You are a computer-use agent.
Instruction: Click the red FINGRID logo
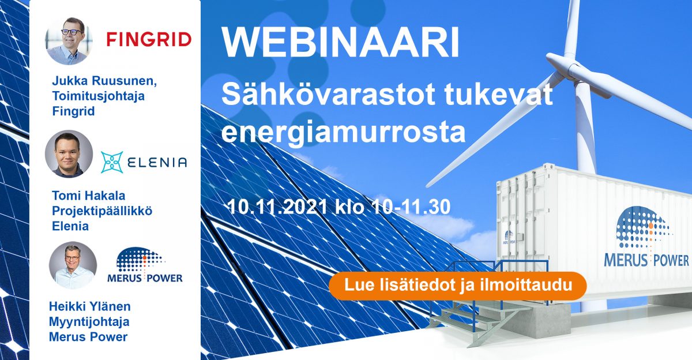(x=149, y=40)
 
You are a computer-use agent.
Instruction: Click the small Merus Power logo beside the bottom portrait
(x=145, y=267)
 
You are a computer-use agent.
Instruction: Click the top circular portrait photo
(x=69, y=40)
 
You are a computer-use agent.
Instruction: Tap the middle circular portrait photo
(x=69, y=153)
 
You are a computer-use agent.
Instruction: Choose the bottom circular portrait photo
(x=73, y=265)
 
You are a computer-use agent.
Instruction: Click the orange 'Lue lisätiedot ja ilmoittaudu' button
(x=458, y=286)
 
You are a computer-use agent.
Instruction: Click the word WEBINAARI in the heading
(x=340, y=44)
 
